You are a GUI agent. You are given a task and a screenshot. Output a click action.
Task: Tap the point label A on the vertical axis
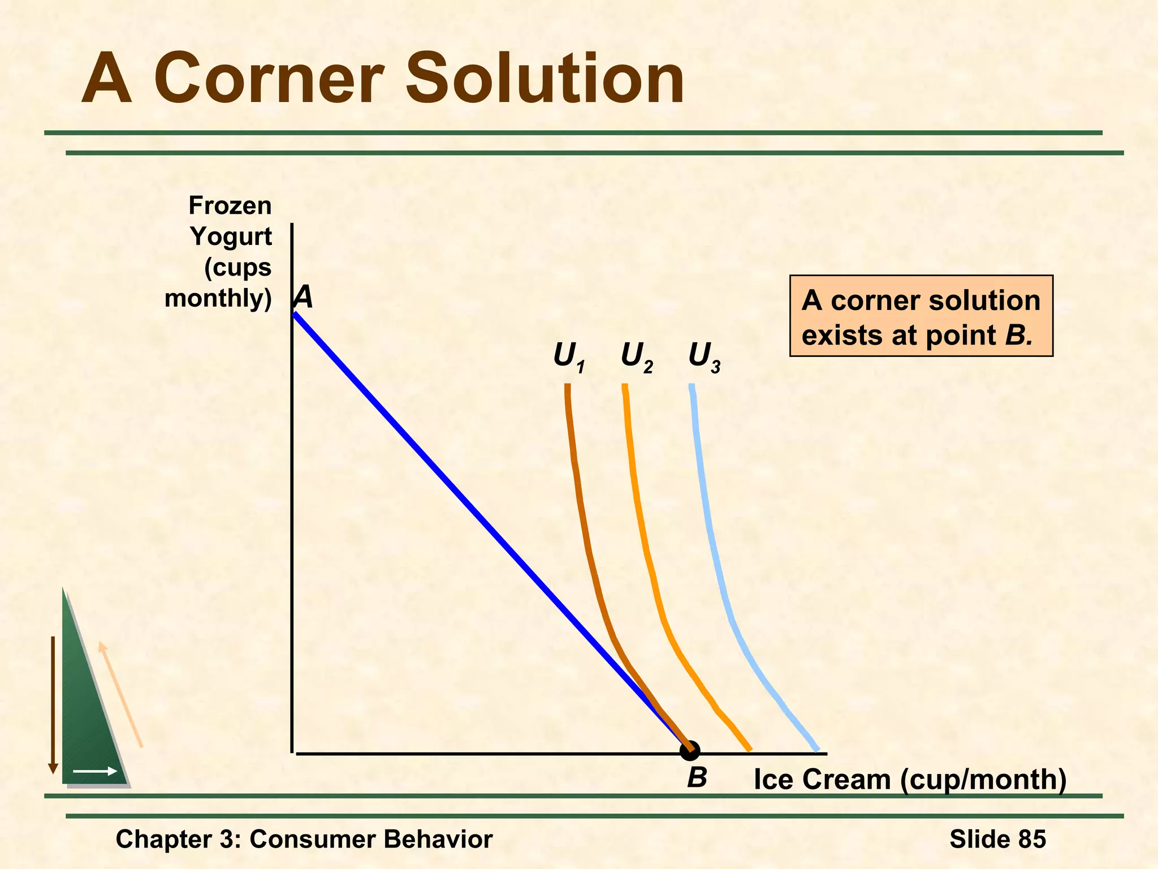click(304, 297)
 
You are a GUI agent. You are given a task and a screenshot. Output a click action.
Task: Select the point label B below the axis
click(697, 778)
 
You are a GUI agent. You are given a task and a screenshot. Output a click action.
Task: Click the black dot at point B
click(690, 751)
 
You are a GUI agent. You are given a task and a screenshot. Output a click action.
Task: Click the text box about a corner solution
click(921, 317)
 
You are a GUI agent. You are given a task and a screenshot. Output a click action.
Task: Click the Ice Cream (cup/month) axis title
click(910, 780)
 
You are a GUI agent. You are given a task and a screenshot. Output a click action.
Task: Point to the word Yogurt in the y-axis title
click(231, 236)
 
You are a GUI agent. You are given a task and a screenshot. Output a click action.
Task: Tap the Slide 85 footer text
click(997, 839)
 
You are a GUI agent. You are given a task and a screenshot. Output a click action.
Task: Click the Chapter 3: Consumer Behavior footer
click(304, 839)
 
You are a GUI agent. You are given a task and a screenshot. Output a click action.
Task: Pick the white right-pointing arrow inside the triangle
click(95, 771)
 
